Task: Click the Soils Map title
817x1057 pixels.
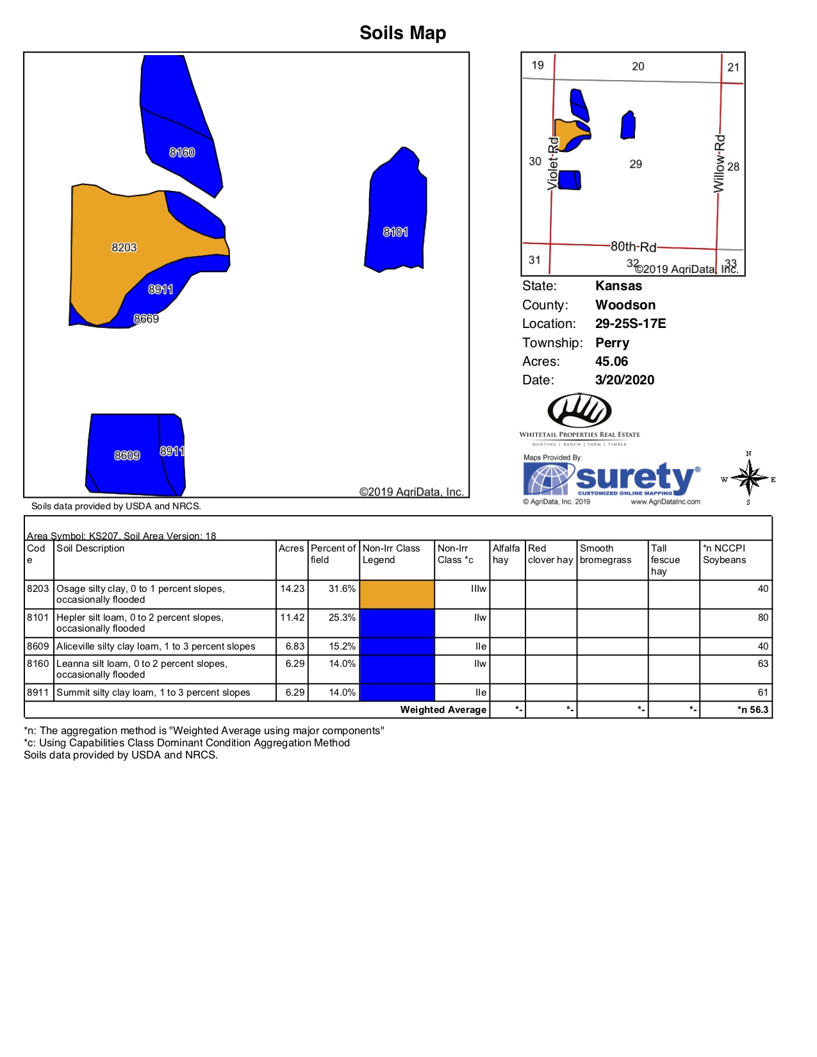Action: (x=402, y=33)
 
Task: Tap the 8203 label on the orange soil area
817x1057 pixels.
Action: (x=124, y=247)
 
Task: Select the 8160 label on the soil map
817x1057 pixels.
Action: (x=182, y=152)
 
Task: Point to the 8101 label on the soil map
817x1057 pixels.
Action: (x=395, y=232)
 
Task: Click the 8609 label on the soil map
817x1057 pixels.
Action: (x=127, y=455)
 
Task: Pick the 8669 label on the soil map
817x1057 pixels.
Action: (x=146, y=319)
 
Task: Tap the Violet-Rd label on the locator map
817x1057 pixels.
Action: (x=553, y=163)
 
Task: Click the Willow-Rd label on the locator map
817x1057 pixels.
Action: (x=720, y=163)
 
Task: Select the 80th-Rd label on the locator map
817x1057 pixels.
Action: (x=633, y=247)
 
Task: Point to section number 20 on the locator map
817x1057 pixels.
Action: (x=638, y=67)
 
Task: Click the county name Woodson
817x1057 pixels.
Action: (x=625, y=305)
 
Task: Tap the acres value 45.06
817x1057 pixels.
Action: (x=611, y=361)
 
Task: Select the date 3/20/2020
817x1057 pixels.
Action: (x=624, y=380)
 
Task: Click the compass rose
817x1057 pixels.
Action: (x=748, y=479)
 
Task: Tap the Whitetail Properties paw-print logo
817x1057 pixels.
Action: (x=579, y=411)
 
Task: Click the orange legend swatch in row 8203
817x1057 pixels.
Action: (x=397, y=594)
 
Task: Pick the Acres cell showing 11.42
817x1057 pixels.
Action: (x=292, y=618)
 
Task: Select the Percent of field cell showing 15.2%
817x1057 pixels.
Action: (x=342, y=646)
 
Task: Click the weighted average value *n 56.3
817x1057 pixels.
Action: (x=752, y=710)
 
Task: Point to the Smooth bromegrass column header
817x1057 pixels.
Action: (x=605, y=554)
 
